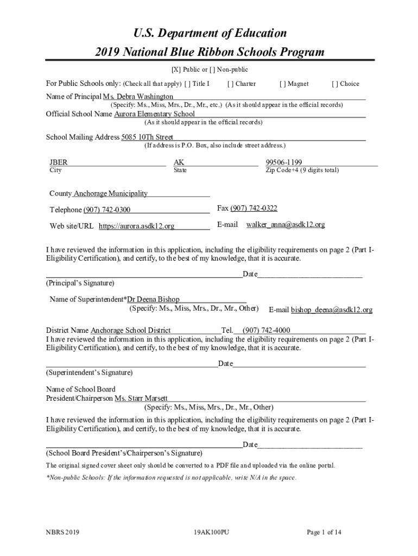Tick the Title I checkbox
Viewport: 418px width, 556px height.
pos(187,84)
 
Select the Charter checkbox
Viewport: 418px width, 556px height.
pos(231,84)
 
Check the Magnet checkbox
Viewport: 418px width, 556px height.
pos(282,84)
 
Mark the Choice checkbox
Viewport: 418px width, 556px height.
pos(334,84)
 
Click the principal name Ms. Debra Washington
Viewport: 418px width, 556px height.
pos(138,96)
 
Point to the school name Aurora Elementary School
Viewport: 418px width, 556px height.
pos(154,114)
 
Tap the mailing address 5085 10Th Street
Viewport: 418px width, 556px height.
pos(147,137)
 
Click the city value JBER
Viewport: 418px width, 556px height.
pos(59,162)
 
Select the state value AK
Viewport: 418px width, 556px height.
pos(179,162)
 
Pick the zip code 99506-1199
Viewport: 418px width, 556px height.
pos(284,162)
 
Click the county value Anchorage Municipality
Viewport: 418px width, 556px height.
pos(110,194)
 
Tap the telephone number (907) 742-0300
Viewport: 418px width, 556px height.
pos(106,210)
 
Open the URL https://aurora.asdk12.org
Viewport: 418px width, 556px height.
pos(136,226)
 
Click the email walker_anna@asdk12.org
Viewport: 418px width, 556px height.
pos(286,225)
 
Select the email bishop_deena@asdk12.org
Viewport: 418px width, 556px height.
pos(332,310)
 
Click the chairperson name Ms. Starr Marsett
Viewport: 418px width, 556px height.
pos(141,399)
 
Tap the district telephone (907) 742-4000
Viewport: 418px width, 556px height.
pos(266,330)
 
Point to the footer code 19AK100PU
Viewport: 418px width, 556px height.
pos(211,533)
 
